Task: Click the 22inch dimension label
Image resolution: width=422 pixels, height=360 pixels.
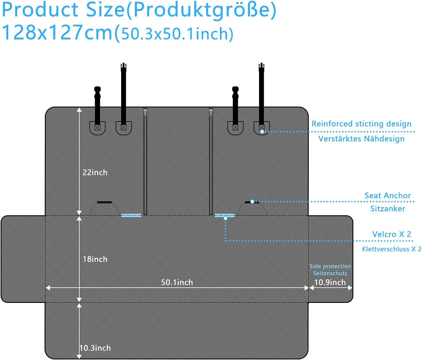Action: (x=95, y=172)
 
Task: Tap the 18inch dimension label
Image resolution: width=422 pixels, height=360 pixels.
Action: (x=95, y=259)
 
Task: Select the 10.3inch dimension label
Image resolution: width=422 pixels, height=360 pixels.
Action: (x=95, y=348)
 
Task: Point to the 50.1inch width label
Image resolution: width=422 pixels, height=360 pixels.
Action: (x=177, y=282)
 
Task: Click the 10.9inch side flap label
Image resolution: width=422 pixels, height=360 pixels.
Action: (x=330, y=282)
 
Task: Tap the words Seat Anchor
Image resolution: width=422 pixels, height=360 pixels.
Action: (x=388, y=195)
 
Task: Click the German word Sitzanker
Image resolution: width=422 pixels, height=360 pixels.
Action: (x=388, y=209)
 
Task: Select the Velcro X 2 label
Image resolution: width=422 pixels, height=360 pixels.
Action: (x=392, y=234)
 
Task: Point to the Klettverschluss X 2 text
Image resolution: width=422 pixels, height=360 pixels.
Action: (x=392, y=249)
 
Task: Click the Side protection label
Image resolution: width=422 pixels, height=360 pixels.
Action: (x=330, y=266)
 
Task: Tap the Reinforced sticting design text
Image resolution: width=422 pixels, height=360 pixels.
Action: (x=361, y=124)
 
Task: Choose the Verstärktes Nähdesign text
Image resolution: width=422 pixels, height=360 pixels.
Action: (x=361, y=139)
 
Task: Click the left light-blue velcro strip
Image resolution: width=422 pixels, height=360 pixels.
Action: (x=131, y=215)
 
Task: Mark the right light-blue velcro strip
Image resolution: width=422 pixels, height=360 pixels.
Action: (x=225, y=215)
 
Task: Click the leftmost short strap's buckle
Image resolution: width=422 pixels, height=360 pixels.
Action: (x=97, y=93)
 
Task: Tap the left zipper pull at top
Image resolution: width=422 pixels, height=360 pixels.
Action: (x=145, y=112)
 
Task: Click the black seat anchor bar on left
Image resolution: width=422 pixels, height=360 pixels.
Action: (x=104, y=202)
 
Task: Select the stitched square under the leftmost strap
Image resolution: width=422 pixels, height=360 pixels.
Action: (x=97, y=127)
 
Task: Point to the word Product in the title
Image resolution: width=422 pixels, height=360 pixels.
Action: (x=40, y=10)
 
